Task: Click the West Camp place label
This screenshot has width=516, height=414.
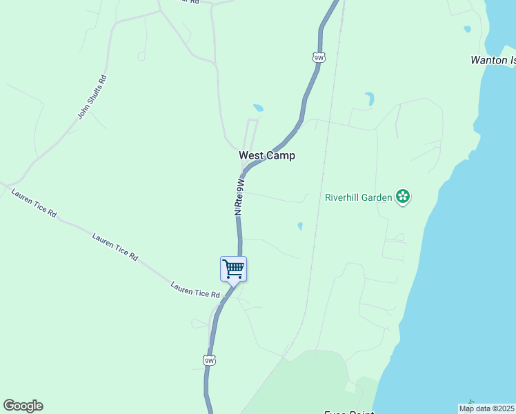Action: [267, 156]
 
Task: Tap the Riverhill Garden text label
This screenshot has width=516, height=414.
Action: [358, 198]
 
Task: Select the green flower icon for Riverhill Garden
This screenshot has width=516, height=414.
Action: [403, 197]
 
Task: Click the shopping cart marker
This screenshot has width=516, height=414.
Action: [233, 268]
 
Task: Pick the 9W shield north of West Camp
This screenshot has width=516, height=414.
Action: [318, 58]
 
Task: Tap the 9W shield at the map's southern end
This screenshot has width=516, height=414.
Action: [210, 360]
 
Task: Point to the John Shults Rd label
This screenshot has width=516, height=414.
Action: [92, 97]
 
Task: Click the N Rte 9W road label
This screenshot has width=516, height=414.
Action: [240, 197]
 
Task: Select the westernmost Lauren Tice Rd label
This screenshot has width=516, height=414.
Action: [34, 202]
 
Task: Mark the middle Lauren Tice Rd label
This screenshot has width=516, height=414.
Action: [115, 246]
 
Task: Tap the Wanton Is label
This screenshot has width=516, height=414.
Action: [493, 60]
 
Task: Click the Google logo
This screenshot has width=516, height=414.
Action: [23, 406]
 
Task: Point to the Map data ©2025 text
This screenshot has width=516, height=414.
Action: [486, 408]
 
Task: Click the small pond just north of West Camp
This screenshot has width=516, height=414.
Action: [258, 108]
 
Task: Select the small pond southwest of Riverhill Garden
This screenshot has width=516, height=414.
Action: [299, 226]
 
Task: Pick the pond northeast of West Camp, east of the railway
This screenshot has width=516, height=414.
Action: [370, 99]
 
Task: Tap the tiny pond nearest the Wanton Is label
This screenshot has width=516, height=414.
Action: [467, 29]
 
